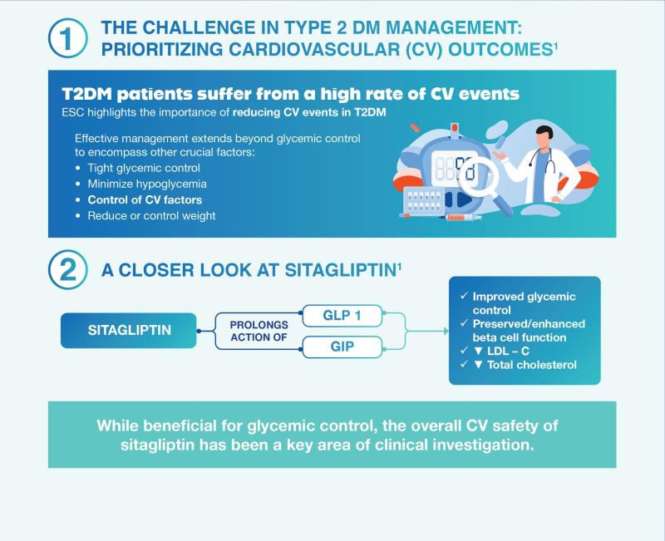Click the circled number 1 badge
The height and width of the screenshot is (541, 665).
(68, 38)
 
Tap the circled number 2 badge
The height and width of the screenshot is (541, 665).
(68, 270)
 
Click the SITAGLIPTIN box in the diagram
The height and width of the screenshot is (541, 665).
(129, 330)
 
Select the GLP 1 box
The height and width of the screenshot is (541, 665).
(342, 316)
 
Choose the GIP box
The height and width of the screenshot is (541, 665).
(342, 347)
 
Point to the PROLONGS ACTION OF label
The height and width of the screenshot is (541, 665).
(259, 331)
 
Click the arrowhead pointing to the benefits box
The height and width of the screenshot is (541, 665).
(446, 331)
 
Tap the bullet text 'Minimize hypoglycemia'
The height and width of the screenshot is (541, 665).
(147, 184)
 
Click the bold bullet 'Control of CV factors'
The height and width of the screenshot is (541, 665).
(145, 199)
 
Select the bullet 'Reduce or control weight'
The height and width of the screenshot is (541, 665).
(151, 216)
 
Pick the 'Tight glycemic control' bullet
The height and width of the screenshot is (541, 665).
(144, 168)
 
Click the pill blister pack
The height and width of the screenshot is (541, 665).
(424, 201)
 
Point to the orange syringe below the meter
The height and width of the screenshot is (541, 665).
(462, 217)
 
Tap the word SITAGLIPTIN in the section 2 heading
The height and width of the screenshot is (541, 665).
(341, 271)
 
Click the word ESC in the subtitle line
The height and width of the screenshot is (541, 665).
(73, 112)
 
